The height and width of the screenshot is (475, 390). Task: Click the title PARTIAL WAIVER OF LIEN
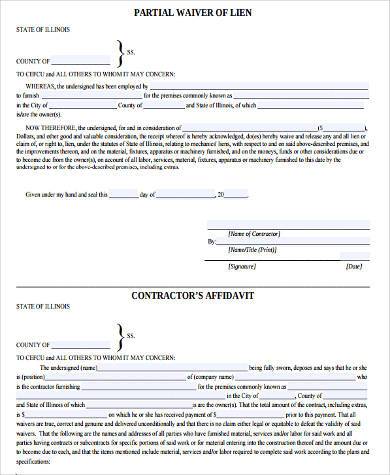click(196, 12)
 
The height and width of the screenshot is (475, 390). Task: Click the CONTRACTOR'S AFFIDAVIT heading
click(196, 299)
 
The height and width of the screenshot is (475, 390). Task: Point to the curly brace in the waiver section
click(121, 51)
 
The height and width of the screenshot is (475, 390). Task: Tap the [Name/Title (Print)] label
click(256, 248)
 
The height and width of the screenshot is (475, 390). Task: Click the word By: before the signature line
click(211, 241)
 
